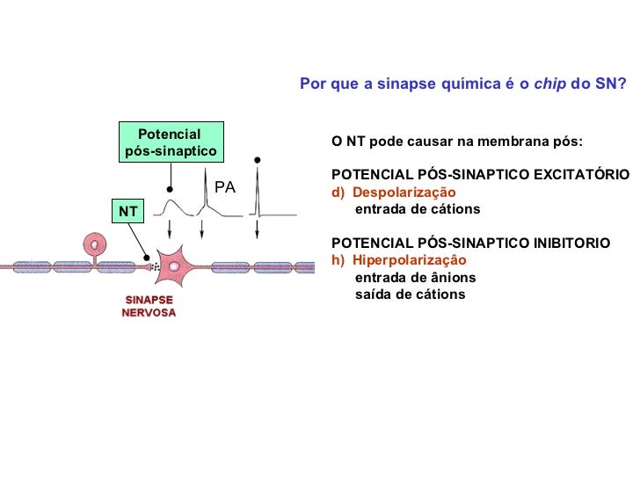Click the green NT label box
pyautogui.click(x=128, y=212)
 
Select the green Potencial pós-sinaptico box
pyautogui.click(x=170, y=142)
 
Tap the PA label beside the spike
pyautogui.click(x=225, y=187)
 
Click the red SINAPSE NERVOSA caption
pyautogui.click(x=148, y=306)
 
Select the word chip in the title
pyautogui.click(x=550, y=84)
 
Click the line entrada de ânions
pyautogui.click(x=415, y=278)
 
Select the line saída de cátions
pyautogui.click(x=410, y=295)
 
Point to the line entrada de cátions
pyautogui.click(x=417, y=209)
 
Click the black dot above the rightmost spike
pyautogui.click(x=258, y=160)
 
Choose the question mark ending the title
pyautogui.click(x=622, y=84)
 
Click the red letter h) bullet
pyautogui.click(x=337, y=260)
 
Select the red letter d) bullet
pyautogui.click(x=337, y=193)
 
